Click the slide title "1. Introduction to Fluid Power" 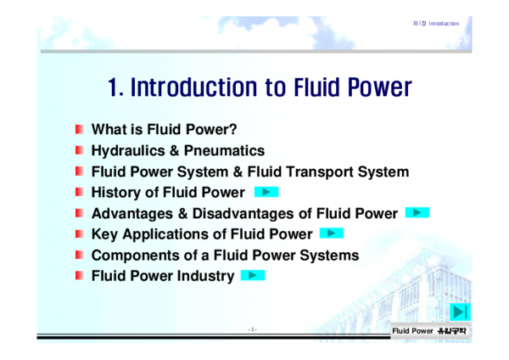260,87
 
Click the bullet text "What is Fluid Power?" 163,130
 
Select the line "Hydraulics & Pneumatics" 177,150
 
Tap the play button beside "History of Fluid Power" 266,192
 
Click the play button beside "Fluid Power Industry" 253,275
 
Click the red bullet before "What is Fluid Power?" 79,130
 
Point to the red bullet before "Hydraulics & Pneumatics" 79,150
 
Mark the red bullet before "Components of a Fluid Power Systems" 79,255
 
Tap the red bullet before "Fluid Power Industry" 79,275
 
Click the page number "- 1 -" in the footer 252,329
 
